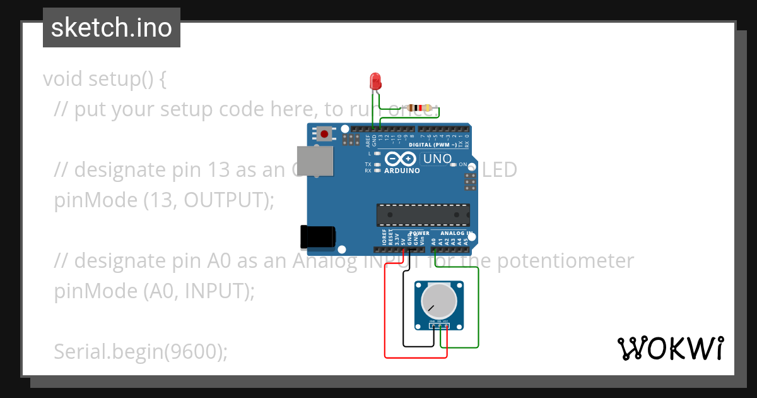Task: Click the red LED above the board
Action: pos(375,81)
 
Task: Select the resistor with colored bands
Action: pos(416,107)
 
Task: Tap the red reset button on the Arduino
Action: pos(324,134)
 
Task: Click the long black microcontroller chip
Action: pos(423,215)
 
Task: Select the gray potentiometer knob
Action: pos(437,301)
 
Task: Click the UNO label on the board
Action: pos(437,159)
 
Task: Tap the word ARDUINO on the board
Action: pos(402,171)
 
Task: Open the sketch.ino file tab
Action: pos(112,28)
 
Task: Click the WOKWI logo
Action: pos(670,348)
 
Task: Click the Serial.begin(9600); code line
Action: pos(141,351)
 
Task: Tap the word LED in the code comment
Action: pos(500,169)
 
